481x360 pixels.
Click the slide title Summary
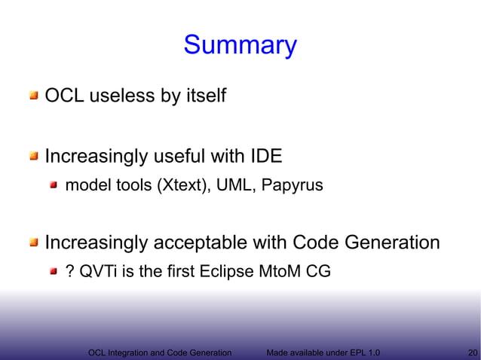pyautogui.click(x=240, y=45)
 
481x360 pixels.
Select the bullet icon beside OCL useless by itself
pyautogui.click(x=34, y=96)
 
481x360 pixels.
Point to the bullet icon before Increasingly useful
pyautogui.click(x=34, y=157)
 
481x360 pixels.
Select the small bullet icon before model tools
pyautogui.click(x=54, y=185)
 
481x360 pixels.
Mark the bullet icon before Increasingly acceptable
pyautogui.click(x=34, y=243)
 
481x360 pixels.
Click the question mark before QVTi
pyautogui.click(x=70, y=271)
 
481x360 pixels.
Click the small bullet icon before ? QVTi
pyautogui.click(x=54, y=271)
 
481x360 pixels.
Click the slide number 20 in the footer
pyautogui.click(x=473, y=352)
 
